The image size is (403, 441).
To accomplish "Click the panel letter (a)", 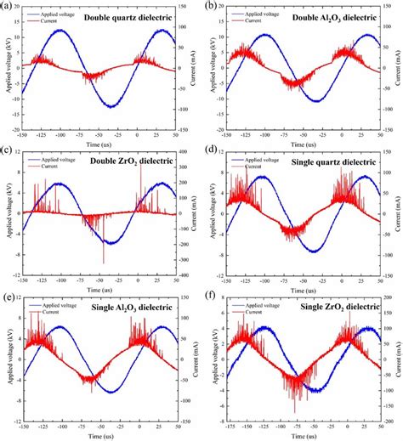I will click(8, 6).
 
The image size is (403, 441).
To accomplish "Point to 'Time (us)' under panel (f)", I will click(303, 432).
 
